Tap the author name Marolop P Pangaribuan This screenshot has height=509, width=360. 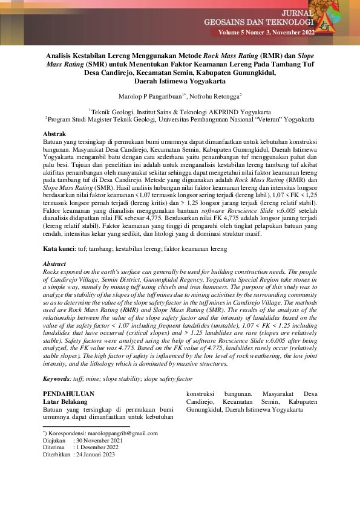(144, 96)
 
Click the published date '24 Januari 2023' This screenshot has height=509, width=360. (99, 455)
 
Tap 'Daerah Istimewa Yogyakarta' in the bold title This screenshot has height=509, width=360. (180, 82)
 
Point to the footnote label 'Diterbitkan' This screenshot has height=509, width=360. (56, 455)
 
